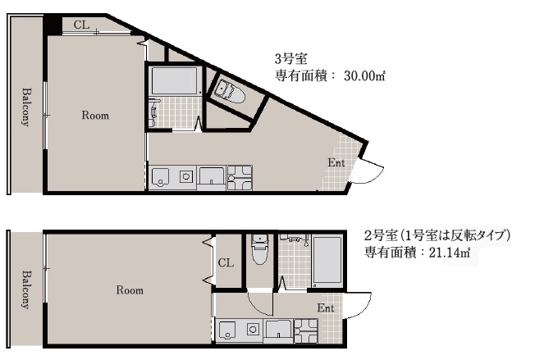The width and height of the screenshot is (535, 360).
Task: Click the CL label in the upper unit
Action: [x=81, y=25]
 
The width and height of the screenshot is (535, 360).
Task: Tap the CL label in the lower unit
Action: [x=226, y=263]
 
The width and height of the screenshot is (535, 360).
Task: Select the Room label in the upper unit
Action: [x=95, y=116]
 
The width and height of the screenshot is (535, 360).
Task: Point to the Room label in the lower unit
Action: [x=130, y=290]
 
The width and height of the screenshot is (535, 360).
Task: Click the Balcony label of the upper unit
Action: [x=26, y=107]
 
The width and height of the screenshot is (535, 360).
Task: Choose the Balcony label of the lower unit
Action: [x=26, y=289]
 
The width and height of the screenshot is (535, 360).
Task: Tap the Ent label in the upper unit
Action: [x=336, y=162]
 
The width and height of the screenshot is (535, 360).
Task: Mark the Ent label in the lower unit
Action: [x=326, y=308]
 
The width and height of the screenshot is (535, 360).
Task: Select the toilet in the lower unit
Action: [x=260, y=250]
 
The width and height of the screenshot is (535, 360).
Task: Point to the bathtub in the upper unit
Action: [x=175, y=80]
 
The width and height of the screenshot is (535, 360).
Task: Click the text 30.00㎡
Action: [x=364, y=75]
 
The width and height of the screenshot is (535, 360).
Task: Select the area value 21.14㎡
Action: [x=450, y=253]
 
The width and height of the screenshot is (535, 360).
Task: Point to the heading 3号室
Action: [x=291, y=59]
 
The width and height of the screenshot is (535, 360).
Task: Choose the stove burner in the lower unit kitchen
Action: [x=253, y=330]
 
